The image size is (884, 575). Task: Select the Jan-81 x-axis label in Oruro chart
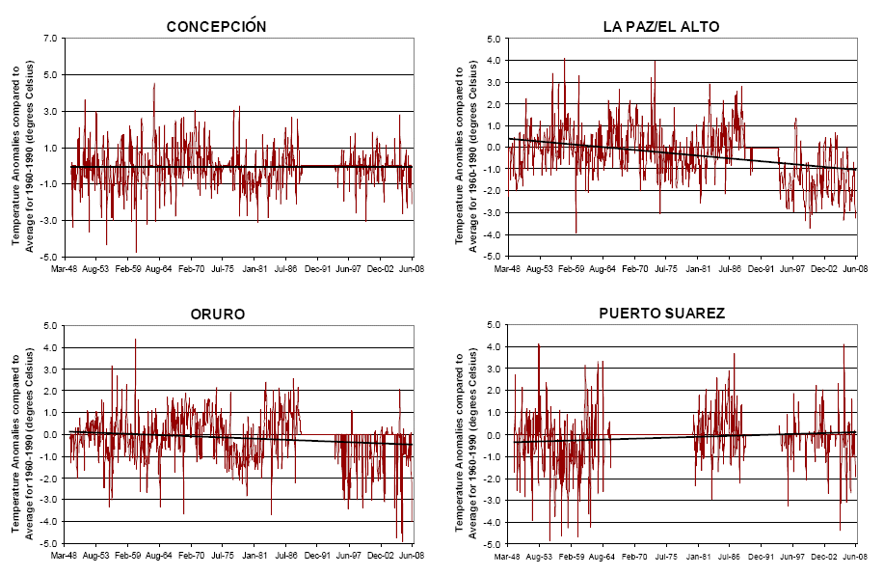click(254, 557)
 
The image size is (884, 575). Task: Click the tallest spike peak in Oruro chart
click(135, 340)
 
